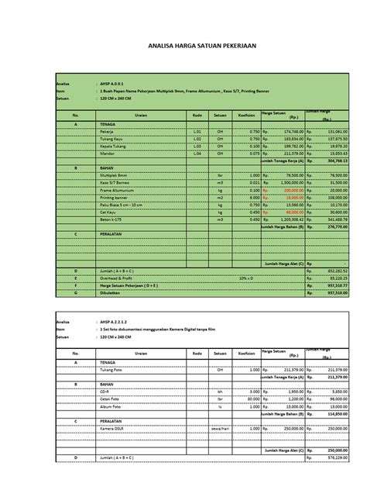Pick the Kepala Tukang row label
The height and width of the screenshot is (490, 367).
111,146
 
